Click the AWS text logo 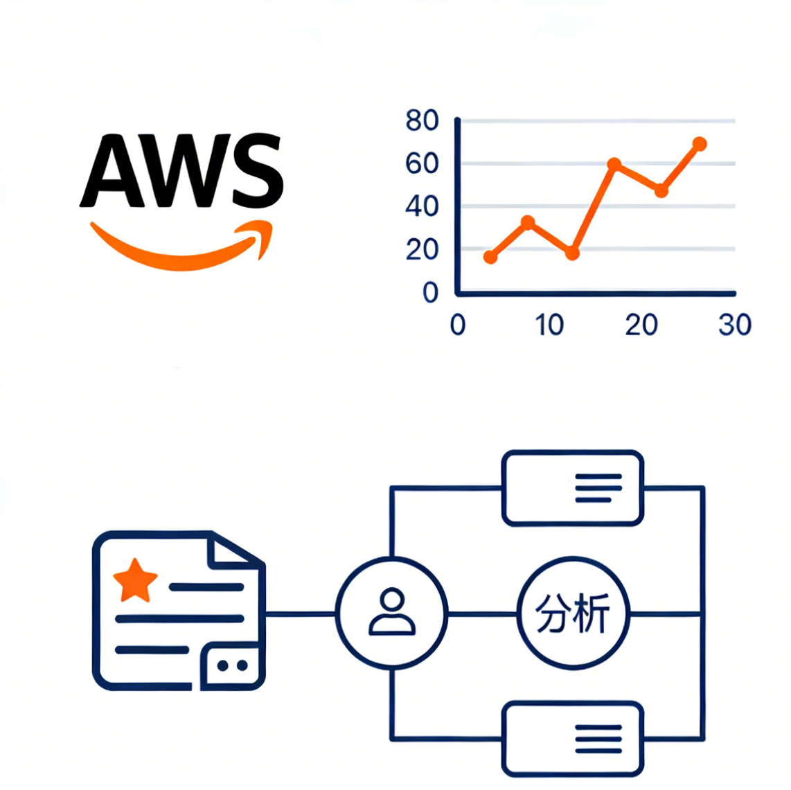click(181, 171)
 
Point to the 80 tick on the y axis click(422, 121)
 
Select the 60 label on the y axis click(422, 164)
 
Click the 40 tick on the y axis click(422, 206)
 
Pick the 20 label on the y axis click(422, 249)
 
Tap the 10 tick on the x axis click(549, 325)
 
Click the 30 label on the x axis click(734, 325)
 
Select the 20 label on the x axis click(641, 325)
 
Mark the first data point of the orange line click(490, 257)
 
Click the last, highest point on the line click(699, 144)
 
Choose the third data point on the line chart click(572, 253)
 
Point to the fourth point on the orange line click(614, 165)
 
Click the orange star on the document click(135, 580)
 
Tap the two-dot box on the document click(232, 665)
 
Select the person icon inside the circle click(392, 612)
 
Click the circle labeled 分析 click(574, 613)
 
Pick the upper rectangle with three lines click(573, 487)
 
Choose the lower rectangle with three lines click(573, 739)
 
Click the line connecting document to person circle click(301, 613)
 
